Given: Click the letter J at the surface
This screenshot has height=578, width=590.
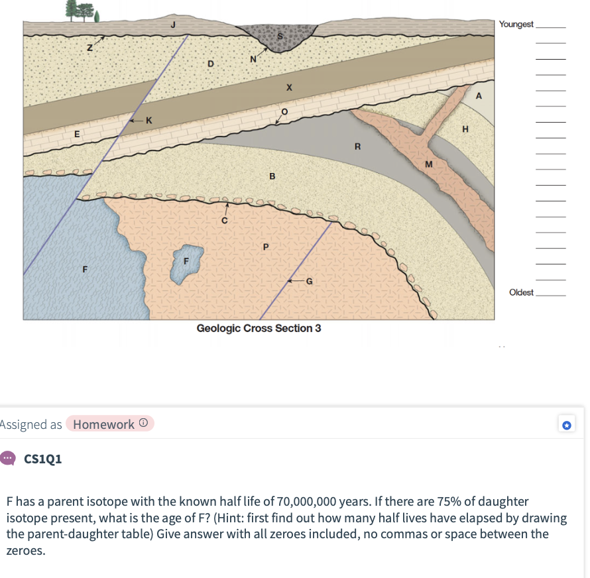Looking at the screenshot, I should pos(173,26).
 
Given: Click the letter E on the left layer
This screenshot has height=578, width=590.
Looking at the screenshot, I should pos(76,134).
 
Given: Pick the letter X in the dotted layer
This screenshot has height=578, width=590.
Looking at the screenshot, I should pos(289,87).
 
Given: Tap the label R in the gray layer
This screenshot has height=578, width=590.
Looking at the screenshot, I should pos(357,146).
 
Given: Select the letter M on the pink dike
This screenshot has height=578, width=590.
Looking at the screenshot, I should pos(428,163).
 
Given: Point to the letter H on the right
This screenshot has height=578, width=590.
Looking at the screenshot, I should pos(465,129).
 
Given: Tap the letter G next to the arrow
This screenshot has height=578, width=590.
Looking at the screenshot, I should pos(309,282).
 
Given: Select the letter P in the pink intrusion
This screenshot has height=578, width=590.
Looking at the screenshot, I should pos(265,247).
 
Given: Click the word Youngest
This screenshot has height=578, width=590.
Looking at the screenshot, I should pos(516,25).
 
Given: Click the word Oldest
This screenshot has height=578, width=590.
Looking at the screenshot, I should pos(521,292).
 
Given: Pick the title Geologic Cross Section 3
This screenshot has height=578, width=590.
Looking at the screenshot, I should pos(259,329).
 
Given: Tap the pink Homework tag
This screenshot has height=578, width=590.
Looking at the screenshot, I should pos(109,424).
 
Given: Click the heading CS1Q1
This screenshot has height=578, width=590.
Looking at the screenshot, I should pos(42,459).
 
